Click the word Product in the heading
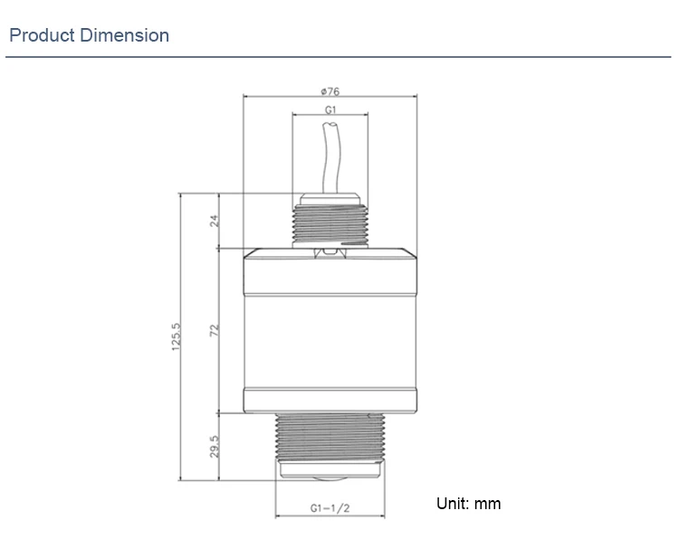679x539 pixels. click(x=42, y=36)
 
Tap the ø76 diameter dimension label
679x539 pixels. click(x=330, y=90)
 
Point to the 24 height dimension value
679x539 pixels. click(x=215, y=220)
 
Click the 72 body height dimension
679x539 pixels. click(x=215, y=331)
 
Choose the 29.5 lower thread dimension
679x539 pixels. click(x=215, y=447)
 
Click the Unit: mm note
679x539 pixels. click(x=468, y=504)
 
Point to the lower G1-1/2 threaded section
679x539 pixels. click(x=330, y=438)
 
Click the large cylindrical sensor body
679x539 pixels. click(x=330, y=330)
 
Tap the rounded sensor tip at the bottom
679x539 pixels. click(x=330, y=478)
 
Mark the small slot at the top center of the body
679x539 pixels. click(x=330, y=253)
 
